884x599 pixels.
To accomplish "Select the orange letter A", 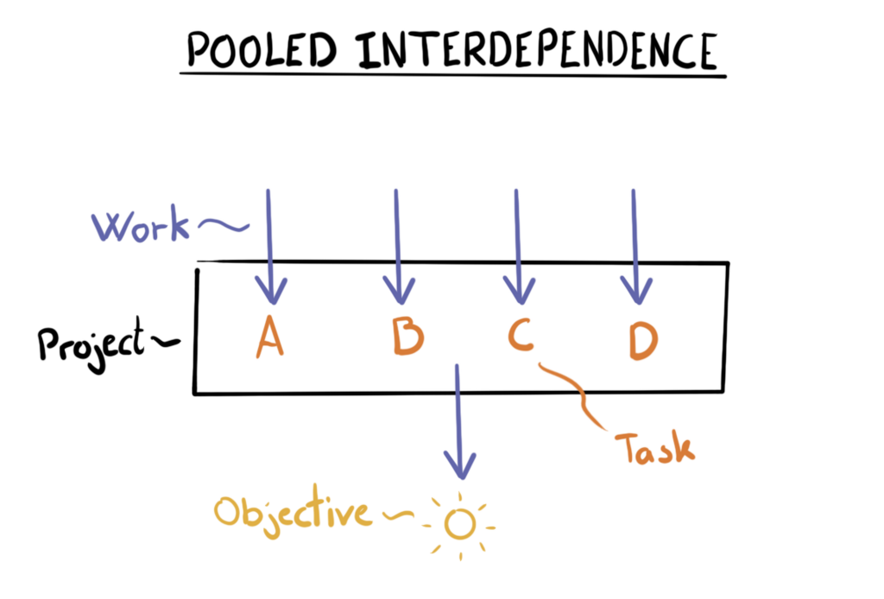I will point(269,337).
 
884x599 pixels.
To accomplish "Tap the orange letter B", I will point(407,337).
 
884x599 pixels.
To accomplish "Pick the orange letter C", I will point(521,336).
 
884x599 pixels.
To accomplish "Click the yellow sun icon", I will point(460,523).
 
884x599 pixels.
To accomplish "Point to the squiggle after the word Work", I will point(223,226).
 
